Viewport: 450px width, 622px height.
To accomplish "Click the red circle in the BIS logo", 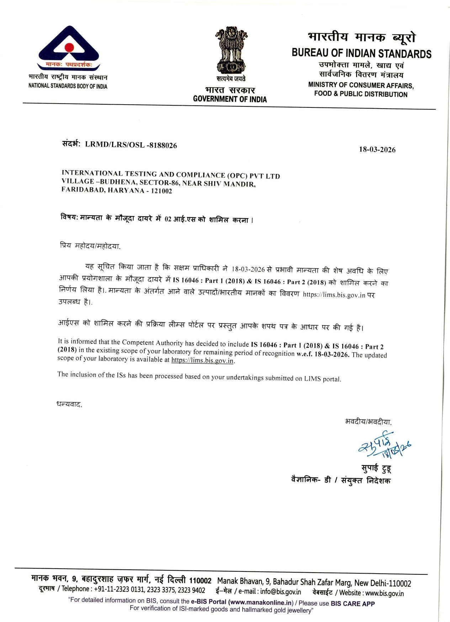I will [x=69, y=48].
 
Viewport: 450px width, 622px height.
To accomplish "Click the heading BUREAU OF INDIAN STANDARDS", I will [x=361, y=53].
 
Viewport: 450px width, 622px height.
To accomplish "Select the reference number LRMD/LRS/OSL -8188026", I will [x=131, y=145].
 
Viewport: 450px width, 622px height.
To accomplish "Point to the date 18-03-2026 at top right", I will [x=377, y=149].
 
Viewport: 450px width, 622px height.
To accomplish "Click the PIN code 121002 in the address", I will [x=161, y=191].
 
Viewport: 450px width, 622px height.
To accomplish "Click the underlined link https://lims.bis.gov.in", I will [x=202, y=360].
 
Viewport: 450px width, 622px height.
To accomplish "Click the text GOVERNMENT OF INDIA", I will [x=230, y=99].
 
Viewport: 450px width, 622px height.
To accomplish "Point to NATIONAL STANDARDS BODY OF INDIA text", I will [x=68, y=86].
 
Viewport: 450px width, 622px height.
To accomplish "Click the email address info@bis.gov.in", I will [x=280, y=592].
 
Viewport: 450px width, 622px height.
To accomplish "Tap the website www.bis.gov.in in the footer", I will [x=384, y=593].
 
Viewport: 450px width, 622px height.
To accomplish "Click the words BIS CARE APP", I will [x=353, y=603].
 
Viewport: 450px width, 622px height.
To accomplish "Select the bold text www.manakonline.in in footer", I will [x=261, y=602].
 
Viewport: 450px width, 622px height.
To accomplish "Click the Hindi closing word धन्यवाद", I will [x=69, y=404].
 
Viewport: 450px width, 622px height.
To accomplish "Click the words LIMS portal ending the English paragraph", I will [x=322, y=379].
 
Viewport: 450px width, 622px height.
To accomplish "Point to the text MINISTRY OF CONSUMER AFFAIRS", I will [x=361, y=85].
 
